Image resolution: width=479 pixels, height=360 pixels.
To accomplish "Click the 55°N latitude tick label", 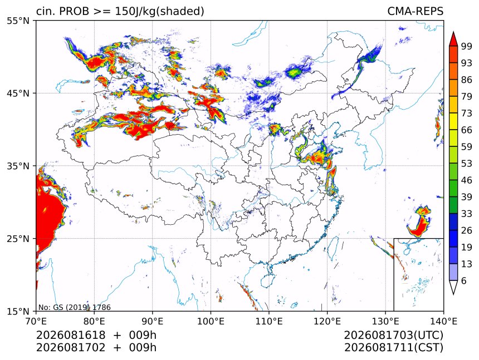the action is point(18,21).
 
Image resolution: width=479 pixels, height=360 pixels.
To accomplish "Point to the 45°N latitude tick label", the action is point(18,93).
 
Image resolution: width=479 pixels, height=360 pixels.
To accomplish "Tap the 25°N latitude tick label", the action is point(18,239).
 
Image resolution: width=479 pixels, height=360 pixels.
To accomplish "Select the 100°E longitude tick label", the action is point(211,321).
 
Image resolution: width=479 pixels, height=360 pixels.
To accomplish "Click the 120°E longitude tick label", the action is point(327,321).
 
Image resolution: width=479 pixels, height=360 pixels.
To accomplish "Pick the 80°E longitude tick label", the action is point(94,321).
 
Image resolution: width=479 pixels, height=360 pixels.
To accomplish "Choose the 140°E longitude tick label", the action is point(443,321).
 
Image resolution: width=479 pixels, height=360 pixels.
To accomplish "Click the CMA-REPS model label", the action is point(415,11).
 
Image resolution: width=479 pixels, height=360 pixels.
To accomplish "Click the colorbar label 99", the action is point(467,46).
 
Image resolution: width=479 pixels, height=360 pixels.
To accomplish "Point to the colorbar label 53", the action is point(467,164).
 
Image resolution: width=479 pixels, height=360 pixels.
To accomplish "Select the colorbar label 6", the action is point(464,280).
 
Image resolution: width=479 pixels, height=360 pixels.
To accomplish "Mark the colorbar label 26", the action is point(467,230).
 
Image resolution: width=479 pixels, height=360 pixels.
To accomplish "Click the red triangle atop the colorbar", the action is point(453,39).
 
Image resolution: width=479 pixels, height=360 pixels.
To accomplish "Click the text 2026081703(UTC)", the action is point(393,336).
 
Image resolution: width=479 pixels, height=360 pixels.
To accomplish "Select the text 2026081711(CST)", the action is point(393,348).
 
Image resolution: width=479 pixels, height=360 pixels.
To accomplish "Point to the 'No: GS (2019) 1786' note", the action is point(74,307).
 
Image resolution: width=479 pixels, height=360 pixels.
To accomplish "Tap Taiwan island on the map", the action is point(333,248).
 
